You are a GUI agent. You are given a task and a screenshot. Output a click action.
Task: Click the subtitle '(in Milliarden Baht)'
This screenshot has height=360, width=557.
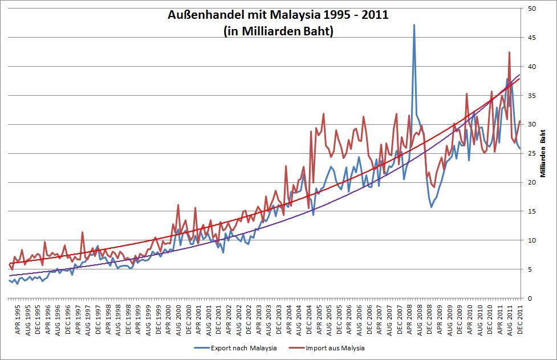pos(278,31)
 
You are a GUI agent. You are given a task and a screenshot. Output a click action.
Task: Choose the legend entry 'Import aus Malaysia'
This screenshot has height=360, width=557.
pos(335,347)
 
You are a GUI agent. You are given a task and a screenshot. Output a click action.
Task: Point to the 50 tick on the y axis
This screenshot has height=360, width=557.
pos(531,9)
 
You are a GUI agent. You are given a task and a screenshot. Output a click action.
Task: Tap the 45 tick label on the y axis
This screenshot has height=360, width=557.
pos(531,38)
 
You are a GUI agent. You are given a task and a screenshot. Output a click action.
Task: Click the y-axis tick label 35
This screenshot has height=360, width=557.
pos(531,96)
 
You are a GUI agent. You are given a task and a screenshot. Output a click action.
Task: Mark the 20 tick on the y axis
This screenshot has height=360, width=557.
pos(531,183)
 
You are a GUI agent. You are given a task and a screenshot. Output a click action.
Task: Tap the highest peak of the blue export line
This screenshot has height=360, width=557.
pos(414,25)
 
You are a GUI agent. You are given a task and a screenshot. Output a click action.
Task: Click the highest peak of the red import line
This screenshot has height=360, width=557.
pos(509,52)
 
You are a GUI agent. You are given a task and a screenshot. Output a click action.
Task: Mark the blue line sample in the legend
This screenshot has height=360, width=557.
pos(201,347)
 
